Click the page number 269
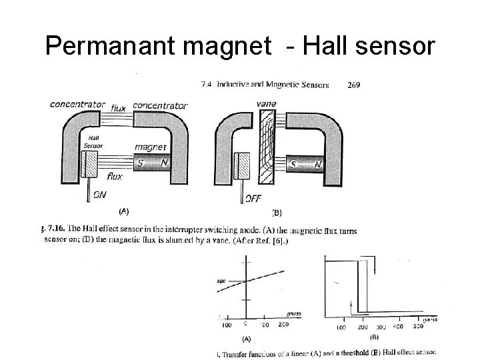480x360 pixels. point(355,85)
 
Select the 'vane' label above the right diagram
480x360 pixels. point(267,105)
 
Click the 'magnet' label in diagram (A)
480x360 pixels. point(151,148)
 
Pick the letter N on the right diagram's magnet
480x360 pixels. point(318,163)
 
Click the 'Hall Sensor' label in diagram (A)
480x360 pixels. point(93,142)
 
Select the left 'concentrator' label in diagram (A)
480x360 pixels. point(78,104)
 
